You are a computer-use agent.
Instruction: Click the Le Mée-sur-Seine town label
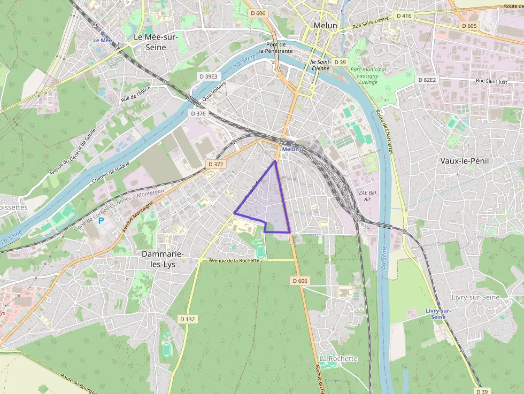click(156, 42)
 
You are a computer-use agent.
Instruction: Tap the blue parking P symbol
click(101, 220)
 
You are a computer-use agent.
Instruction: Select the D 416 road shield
click(404, 16)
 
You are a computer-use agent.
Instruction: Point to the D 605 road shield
click(468, 26)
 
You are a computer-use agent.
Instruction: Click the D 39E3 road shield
click(209, 76)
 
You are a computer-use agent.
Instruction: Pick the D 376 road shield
click(198, 113)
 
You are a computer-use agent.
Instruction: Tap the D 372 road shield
click(215, 164)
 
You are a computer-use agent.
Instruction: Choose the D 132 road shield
click(188, 319)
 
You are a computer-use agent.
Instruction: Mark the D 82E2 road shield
click(427, 80)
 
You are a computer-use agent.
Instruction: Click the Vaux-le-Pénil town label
click(465, 161)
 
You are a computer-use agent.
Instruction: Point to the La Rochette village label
click(338, 358)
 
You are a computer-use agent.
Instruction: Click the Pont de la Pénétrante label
click(276, 48)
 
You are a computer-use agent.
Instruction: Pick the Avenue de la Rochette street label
click(235, 260)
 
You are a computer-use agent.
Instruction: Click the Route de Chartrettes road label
click(384, 132)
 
